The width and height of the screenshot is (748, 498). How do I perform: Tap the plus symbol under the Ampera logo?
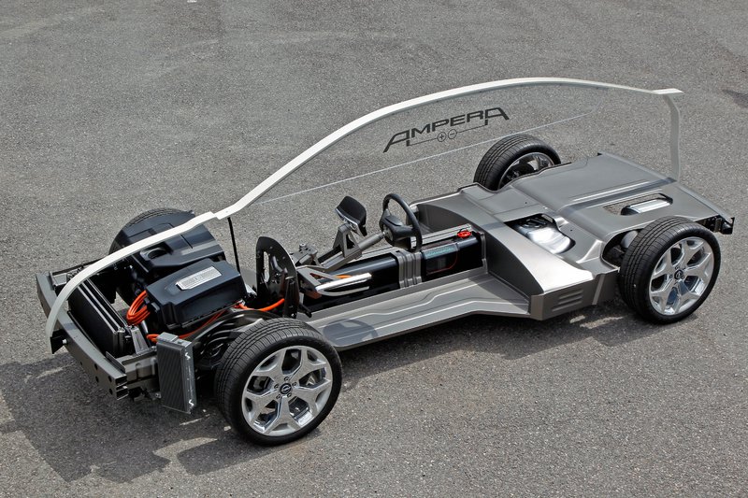pyautogui.click(x=440, y=136)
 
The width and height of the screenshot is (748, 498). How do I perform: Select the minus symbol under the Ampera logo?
pyautogui.click(x=453, y=134)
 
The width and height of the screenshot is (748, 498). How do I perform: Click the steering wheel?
pyautogui.click(x=401, y=222)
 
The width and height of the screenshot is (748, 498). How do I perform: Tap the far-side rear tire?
pyautogui.click(x=515, y=161)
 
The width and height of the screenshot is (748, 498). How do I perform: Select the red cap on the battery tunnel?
pyautogui.click(x=464, y=234)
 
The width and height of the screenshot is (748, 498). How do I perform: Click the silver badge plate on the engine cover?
pyautogui.click(x=198, y=277)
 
